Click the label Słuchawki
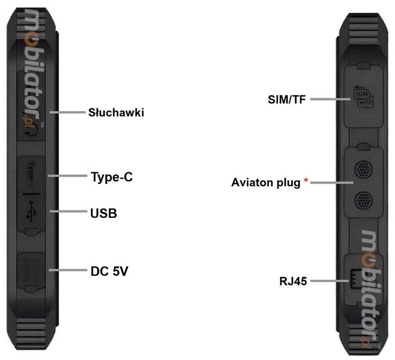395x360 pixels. (116, 112)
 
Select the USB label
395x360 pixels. (104, 214)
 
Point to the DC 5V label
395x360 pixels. (109, 271)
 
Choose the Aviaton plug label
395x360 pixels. (266, 182)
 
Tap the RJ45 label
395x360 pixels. (293, 281)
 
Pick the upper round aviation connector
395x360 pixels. (362, 170)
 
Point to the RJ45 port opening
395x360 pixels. (354, 279)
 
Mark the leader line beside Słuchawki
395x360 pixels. (67, 112)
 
